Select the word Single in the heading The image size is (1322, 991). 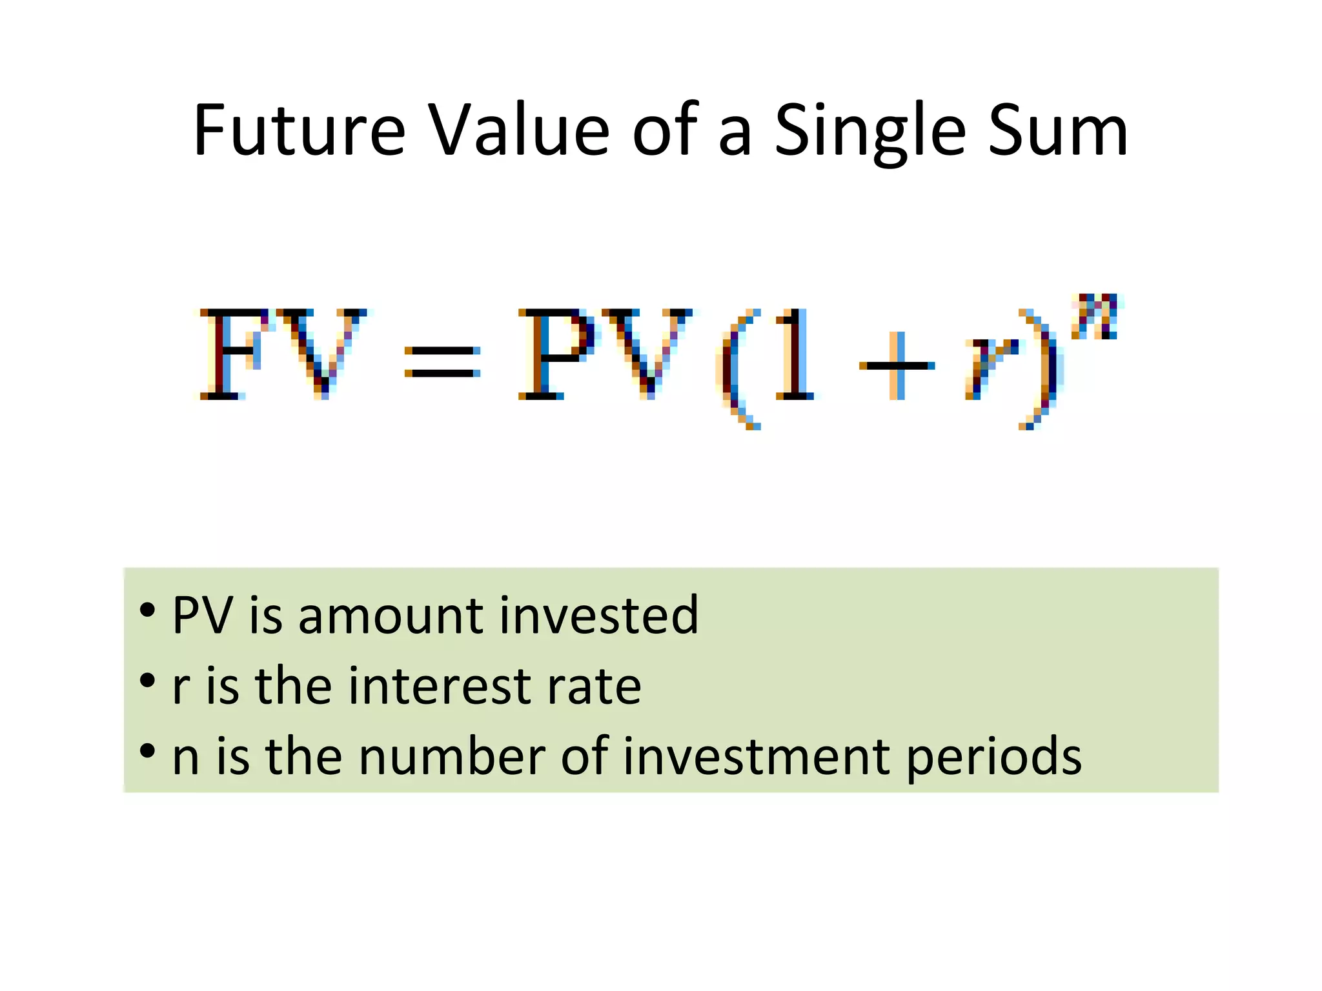tap(870, 132)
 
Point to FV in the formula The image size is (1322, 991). tap(282, 354)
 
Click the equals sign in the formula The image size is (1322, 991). tap(442, 362)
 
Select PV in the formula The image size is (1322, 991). tap(605, 354)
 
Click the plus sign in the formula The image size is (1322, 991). tap(897, 365)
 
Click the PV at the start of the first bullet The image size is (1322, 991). tap(202, 616)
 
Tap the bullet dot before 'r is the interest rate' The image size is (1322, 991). tap(147, 680)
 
